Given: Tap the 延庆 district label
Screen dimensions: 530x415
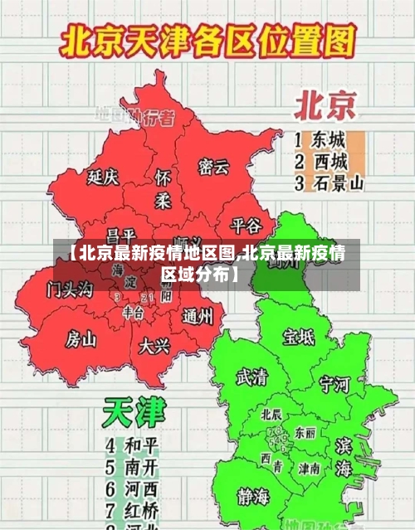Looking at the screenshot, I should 104,177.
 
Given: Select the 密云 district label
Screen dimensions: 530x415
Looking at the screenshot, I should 213,167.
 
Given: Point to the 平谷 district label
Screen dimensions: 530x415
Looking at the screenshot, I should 246,226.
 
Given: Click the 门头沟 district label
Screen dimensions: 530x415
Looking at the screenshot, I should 71,289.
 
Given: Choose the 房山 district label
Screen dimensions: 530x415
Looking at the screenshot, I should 81,338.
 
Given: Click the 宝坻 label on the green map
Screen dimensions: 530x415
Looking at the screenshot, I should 299,337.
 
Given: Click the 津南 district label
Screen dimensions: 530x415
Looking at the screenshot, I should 310,469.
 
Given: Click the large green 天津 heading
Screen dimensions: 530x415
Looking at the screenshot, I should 134,412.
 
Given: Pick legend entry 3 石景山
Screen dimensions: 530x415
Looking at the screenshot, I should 329,183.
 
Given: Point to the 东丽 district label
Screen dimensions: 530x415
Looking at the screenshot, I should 305,433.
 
